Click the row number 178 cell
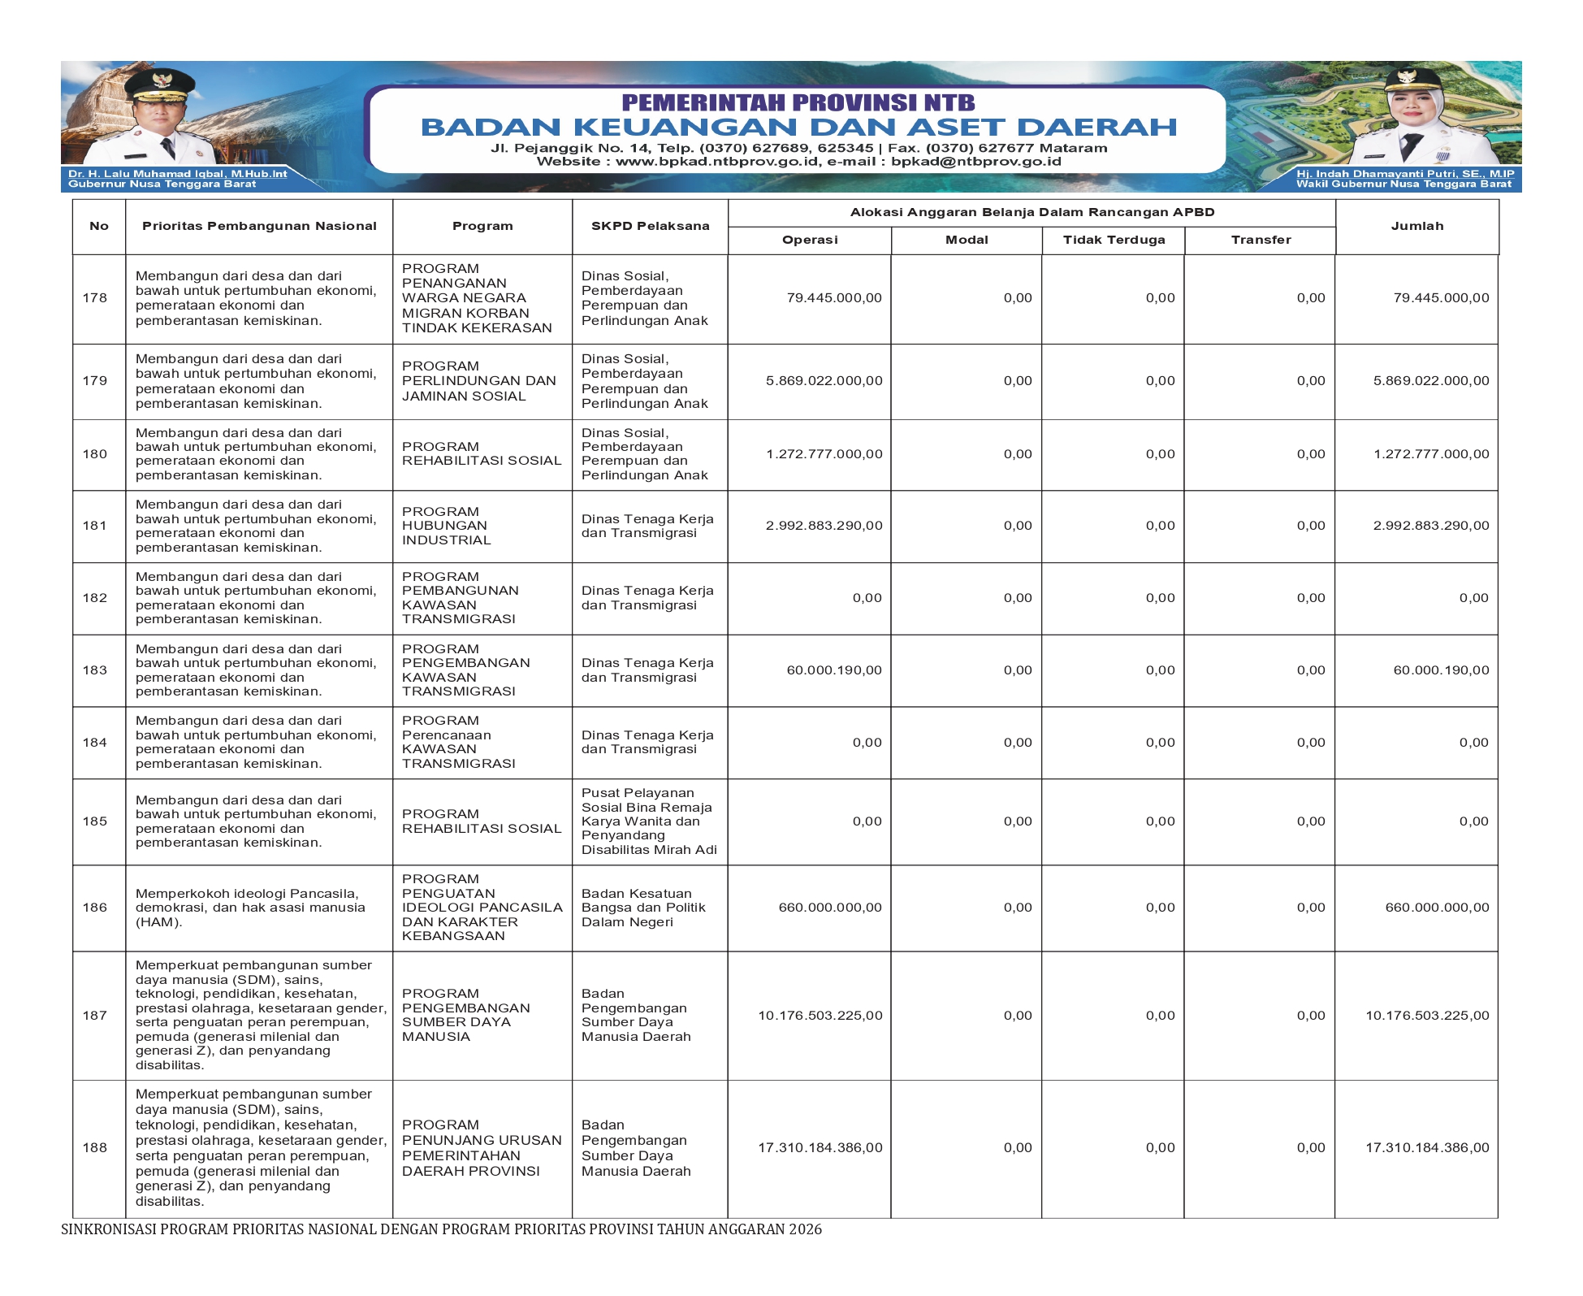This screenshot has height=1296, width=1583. point(95,298)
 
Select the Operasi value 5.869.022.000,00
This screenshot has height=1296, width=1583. point(824,381)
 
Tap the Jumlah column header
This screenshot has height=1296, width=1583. point(1416,227)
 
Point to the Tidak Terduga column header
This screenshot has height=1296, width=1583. point(1114,241)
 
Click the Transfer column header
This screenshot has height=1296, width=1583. point(1261,241)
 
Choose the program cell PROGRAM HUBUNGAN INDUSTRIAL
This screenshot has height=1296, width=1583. point(447,526)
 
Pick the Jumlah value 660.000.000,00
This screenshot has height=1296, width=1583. point(1437,908)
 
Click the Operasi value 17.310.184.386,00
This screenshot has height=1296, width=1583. point(820,1148)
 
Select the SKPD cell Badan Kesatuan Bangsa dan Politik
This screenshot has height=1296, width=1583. point(643,908)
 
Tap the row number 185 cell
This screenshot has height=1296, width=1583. point(95,821)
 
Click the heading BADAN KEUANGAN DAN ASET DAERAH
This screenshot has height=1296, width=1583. point(798,128)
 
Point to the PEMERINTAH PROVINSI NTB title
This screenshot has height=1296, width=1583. point(798,102)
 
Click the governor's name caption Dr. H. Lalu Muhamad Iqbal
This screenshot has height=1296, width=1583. point(177,174)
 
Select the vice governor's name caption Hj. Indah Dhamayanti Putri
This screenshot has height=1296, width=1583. point(1405,174)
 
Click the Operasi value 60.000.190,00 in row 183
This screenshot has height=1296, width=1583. point(833,670)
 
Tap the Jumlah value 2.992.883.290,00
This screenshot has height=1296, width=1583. point(1431,526)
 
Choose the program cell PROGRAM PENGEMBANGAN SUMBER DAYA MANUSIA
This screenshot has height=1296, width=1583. point(465,1015)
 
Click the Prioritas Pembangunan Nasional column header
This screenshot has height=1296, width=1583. point(259,227)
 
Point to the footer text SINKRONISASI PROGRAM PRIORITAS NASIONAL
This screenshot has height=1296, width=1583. point(441,1229)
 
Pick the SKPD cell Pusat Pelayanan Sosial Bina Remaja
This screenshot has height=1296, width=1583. point(649,821)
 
